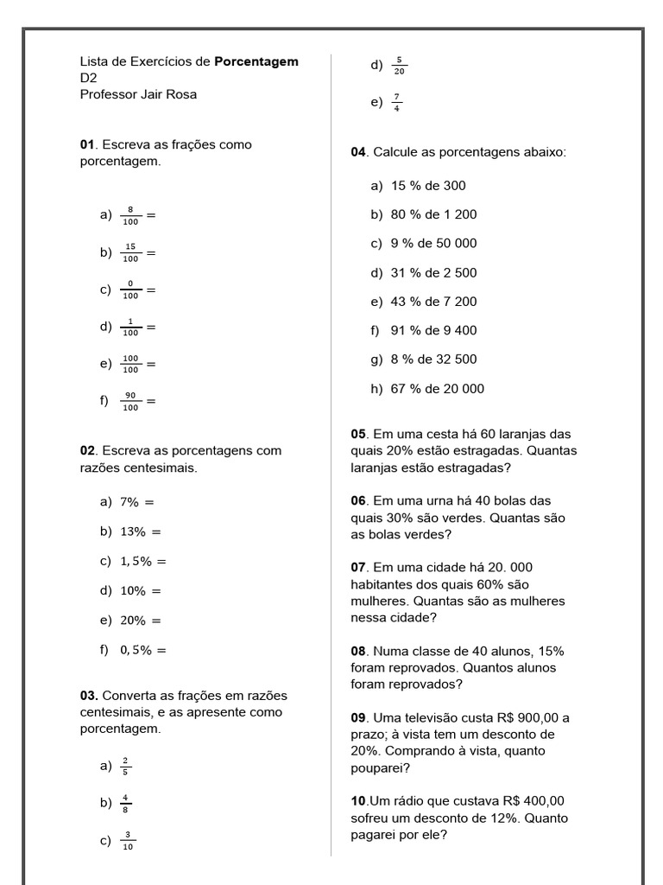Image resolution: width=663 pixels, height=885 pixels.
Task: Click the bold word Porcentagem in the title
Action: coord(256,61)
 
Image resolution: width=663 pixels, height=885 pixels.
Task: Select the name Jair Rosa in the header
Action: coord(168,94)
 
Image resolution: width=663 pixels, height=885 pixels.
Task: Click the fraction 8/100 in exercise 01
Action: coord(130,215)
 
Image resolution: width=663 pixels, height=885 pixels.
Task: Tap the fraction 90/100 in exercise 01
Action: coord(130,401)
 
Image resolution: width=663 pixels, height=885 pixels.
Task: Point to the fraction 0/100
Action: coord(130,290)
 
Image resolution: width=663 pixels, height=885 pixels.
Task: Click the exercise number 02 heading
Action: coord(87,451)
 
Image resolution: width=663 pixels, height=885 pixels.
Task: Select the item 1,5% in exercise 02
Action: coord(136,561)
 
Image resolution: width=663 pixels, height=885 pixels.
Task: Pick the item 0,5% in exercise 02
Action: coord(136,650)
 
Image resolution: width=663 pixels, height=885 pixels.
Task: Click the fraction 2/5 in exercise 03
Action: coord(125,767)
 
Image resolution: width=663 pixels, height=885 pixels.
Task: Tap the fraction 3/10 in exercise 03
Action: coord(128,841)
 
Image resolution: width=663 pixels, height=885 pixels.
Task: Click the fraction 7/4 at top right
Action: coord(396,103)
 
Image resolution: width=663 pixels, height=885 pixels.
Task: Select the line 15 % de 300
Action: coord(428,186)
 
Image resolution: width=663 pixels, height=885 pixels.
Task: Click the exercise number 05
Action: coord(358,434)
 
